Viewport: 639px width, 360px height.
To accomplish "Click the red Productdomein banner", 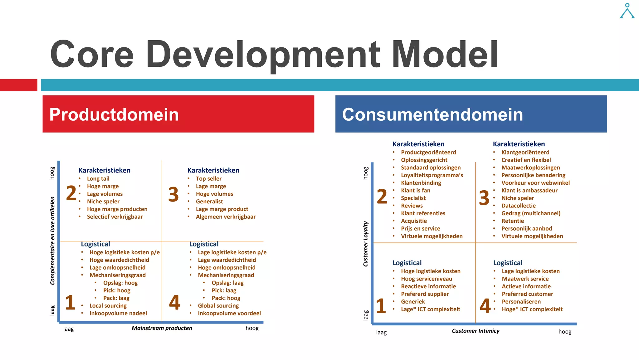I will [178, 114].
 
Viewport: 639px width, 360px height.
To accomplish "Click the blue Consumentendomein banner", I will [471, 114].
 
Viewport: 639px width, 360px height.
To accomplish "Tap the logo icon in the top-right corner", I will [627, 11].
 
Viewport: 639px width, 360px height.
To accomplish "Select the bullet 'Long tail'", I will [98, 179].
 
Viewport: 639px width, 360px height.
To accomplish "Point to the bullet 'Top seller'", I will [208, 179].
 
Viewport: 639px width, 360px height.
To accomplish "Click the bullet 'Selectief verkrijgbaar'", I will [115, 217].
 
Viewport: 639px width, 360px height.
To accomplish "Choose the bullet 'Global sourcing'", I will [218, 306].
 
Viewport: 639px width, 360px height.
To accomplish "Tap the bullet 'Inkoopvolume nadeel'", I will [118, 313].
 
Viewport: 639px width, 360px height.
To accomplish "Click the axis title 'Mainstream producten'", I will [162, 328].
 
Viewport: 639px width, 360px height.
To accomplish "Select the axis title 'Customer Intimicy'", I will [475, 331].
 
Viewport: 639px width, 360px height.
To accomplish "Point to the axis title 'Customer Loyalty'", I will [366, 244].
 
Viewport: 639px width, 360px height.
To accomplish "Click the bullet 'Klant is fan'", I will [415, 190].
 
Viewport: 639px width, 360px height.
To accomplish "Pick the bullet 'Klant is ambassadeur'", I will [529, 190].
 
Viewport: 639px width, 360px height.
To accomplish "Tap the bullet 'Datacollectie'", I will [518, 206].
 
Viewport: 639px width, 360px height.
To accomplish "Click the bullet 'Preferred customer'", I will [527, 294].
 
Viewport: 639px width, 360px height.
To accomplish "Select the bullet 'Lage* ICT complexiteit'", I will [430, 309].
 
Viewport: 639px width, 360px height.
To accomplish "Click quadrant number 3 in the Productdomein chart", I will [173, 194].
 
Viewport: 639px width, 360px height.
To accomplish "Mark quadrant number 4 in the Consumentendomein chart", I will [485, 306].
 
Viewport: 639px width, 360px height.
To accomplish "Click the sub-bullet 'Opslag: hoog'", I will [120, 283].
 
